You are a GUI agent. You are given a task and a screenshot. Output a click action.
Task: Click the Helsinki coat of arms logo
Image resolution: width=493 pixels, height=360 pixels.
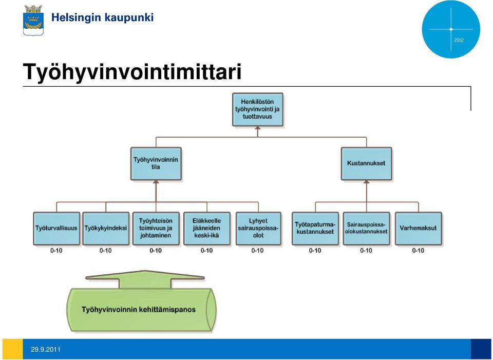(x=33, y=20)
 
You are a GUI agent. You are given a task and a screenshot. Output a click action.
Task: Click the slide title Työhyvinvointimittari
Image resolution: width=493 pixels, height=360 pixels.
(x=132, y=72)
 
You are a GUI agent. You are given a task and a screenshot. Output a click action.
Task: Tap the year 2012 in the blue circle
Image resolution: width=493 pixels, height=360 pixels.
(x=459, y=40)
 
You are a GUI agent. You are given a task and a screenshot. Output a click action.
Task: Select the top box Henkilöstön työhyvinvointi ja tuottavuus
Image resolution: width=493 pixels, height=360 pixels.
(x=257, y=109)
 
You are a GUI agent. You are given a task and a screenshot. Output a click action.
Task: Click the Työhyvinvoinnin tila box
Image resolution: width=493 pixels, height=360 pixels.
(x=156, y=163)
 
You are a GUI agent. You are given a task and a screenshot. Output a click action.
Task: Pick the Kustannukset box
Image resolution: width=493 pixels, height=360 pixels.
(x=366, y=163)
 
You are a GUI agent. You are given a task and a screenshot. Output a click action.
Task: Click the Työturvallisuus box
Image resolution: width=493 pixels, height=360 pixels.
(x=56, y=229)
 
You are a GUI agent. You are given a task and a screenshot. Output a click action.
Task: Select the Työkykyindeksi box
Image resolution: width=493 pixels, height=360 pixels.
(x=106, y=229)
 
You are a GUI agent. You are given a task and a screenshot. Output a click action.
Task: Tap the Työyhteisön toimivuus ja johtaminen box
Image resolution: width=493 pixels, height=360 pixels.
(x=156, y=229)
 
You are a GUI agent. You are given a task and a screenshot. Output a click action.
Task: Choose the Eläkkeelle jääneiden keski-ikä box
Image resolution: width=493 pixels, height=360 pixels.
(x=207, y=229)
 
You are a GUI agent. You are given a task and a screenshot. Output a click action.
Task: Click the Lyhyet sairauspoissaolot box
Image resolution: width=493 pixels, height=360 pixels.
(x=258, y=229)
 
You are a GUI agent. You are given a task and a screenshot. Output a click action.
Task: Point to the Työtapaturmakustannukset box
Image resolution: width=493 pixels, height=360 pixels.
(x=315, y=229)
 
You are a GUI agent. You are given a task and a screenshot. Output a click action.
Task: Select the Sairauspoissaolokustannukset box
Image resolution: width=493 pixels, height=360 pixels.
(x=366, y=229)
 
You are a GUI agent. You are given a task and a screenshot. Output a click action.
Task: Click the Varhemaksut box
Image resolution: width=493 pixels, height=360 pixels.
(x=419, y=229)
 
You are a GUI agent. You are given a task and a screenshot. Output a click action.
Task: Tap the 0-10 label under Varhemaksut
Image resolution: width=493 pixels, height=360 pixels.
(x=418, y=251)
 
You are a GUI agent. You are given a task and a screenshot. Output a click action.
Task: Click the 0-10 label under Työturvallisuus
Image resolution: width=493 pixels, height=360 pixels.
(x=56, y=251)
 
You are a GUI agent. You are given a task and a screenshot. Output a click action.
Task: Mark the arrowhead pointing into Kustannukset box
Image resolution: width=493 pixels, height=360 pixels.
(x=366, y=182)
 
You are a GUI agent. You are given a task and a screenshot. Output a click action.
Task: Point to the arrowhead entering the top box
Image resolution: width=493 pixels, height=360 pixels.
(x=258, y=128)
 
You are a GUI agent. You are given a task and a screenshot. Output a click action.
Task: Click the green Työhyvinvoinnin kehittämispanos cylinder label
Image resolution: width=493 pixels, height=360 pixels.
(x=139, y=310)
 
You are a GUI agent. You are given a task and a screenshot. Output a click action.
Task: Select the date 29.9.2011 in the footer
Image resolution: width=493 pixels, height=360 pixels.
(x=46, y=349)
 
